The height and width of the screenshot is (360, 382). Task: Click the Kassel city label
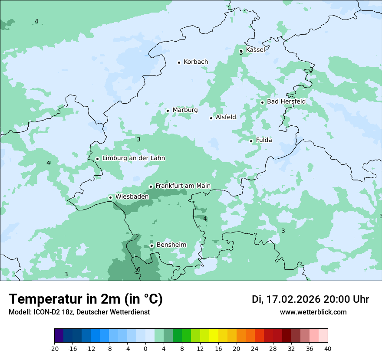point(255,50)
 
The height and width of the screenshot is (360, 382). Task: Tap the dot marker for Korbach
point(179,62)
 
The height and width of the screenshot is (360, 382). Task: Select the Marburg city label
point(185,110)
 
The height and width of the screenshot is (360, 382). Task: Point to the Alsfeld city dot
point(211,118)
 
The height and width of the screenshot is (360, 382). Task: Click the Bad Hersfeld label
point(286,101)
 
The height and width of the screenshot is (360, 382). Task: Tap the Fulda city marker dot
point(251,141)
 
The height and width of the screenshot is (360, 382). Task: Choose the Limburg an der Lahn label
point(134,158)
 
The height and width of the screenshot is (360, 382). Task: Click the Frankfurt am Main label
point(183,186)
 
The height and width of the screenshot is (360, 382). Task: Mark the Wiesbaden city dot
point(110,197)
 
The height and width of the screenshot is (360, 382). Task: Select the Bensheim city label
point(171,245)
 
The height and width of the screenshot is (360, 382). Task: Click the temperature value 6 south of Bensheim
point(138,270)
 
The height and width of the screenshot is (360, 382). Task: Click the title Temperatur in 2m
point(86,299)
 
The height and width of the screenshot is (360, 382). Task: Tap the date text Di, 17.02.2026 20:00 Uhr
point(310,299)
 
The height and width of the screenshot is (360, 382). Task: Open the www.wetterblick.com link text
point(313,312)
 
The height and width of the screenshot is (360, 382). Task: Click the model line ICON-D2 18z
point(79,312)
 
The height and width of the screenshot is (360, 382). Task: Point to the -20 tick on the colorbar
point(54,348)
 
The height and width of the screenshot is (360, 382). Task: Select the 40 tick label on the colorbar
point(328,348)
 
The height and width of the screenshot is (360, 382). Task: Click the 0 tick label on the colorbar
point(145,348)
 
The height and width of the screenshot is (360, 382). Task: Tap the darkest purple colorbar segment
point(59,336)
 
